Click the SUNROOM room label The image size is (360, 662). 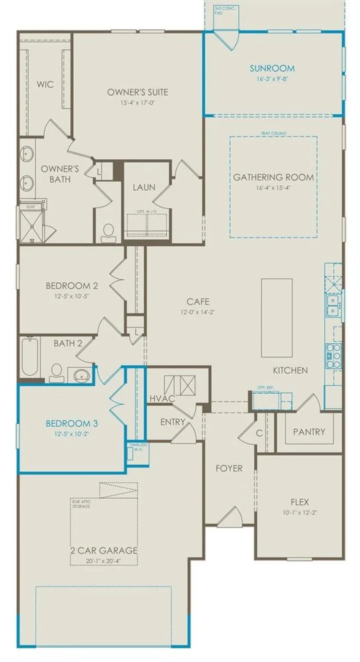[x=272, y=68]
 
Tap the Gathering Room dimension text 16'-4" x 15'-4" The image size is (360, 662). [x=273, y=187]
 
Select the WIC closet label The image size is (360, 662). [x=45, y=84]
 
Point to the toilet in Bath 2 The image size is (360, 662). [x=56, y=372]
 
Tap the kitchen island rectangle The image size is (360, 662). [x=277, y=317]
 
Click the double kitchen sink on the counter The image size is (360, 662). [x=332, y=306]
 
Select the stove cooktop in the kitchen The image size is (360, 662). [x=333, y=356]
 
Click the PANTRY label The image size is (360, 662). [x=309, y=432]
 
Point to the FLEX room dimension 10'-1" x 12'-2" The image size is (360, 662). [x=300, y=513]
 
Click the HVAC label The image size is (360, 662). [x=162, y=399]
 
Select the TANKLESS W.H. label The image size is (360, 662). [x=138, y=447]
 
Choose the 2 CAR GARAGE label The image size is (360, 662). [x=104, y=550]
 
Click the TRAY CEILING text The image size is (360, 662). [x=273, y=133]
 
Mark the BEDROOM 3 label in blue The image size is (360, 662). [x=72, y=424]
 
